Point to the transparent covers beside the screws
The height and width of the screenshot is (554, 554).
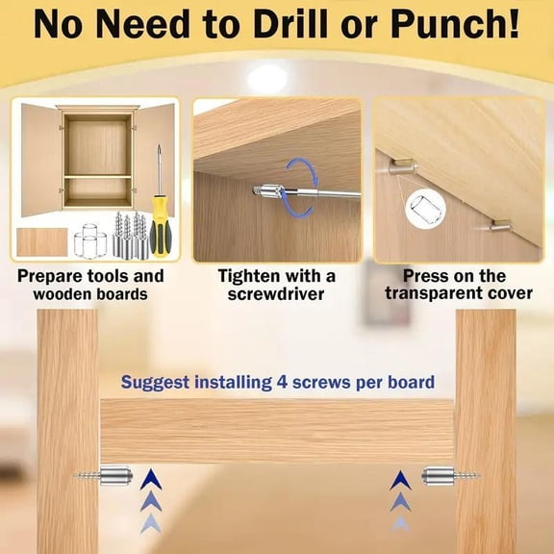(x=90, y=240)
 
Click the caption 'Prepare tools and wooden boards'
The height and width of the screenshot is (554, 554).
(x=91, y=285)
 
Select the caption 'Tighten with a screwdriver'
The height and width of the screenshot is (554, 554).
(x=277, y=285)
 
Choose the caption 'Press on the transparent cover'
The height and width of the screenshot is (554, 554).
(x=455, y=285)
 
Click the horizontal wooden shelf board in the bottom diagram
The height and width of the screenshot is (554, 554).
(x=277, y=431)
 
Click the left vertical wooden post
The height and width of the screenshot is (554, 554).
(x=67, y=433)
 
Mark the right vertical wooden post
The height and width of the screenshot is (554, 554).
(x=486, y=433)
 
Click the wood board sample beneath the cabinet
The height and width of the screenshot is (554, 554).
(x=42, y=241)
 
